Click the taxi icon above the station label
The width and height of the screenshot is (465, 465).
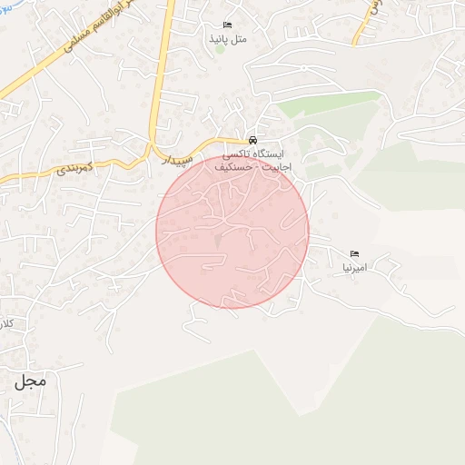252,142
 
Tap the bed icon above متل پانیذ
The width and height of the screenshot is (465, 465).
226,25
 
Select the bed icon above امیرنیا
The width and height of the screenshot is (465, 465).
355,253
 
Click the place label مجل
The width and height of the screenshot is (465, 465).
29,381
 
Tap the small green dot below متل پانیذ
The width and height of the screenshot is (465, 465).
219,48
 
